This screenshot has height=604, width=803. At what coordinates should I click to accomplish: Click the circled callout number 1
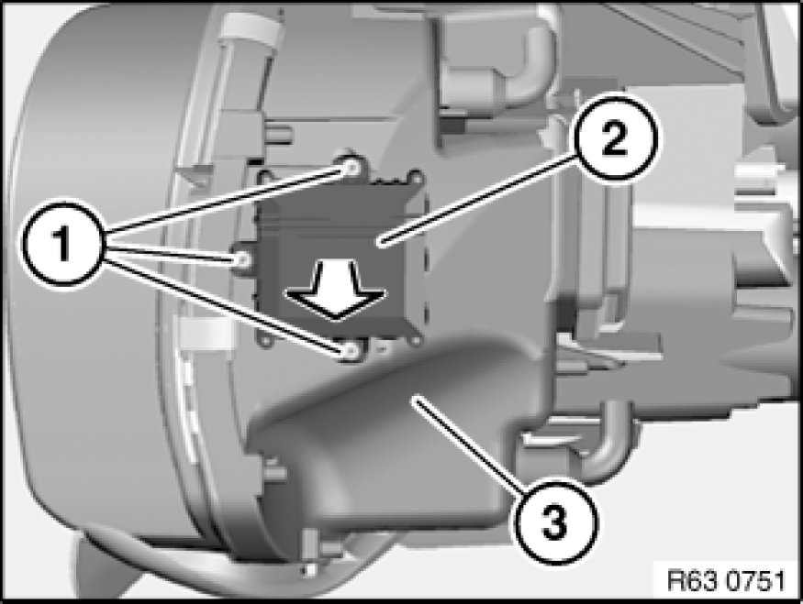click(x=63, y=244)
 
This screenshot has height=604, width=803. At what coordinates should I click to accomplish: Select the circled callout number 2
click(x=615, y=138)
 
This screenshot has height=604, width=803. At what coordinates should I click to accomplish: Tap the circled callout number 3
click(x=555, y=522)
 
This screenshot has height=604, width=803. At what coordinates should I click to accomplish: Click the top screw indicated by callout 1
click(x=351, y=167)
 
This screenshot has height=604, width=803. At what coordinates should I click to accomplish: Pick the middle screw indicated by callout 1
click(x=243, y=259)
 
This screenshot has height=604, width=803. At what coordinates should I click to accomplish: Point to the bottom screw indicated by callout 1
click(x=351, y=351)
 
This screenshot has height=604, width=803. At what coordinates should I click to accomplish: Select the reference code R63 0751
click(x=726, y=581)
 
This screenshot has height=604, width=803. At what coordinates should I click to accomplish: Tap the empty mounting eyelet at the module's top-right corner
click(x=416, y=178)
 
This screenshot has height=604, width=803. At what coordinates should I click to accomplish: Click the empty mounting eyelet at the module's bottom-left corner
click(x=265, y=341)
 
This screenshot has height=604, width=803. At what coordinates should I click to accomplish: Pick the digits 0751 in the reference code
click(x=756, y=581)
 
